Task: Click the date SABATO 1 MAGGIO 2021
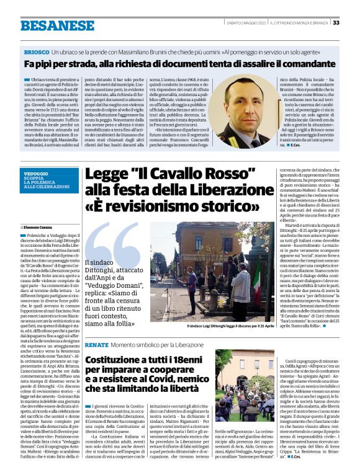click(245, 23)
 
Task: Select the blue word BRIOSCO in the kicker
click(36, 53)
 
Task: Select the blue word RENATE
click(96, 344)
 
